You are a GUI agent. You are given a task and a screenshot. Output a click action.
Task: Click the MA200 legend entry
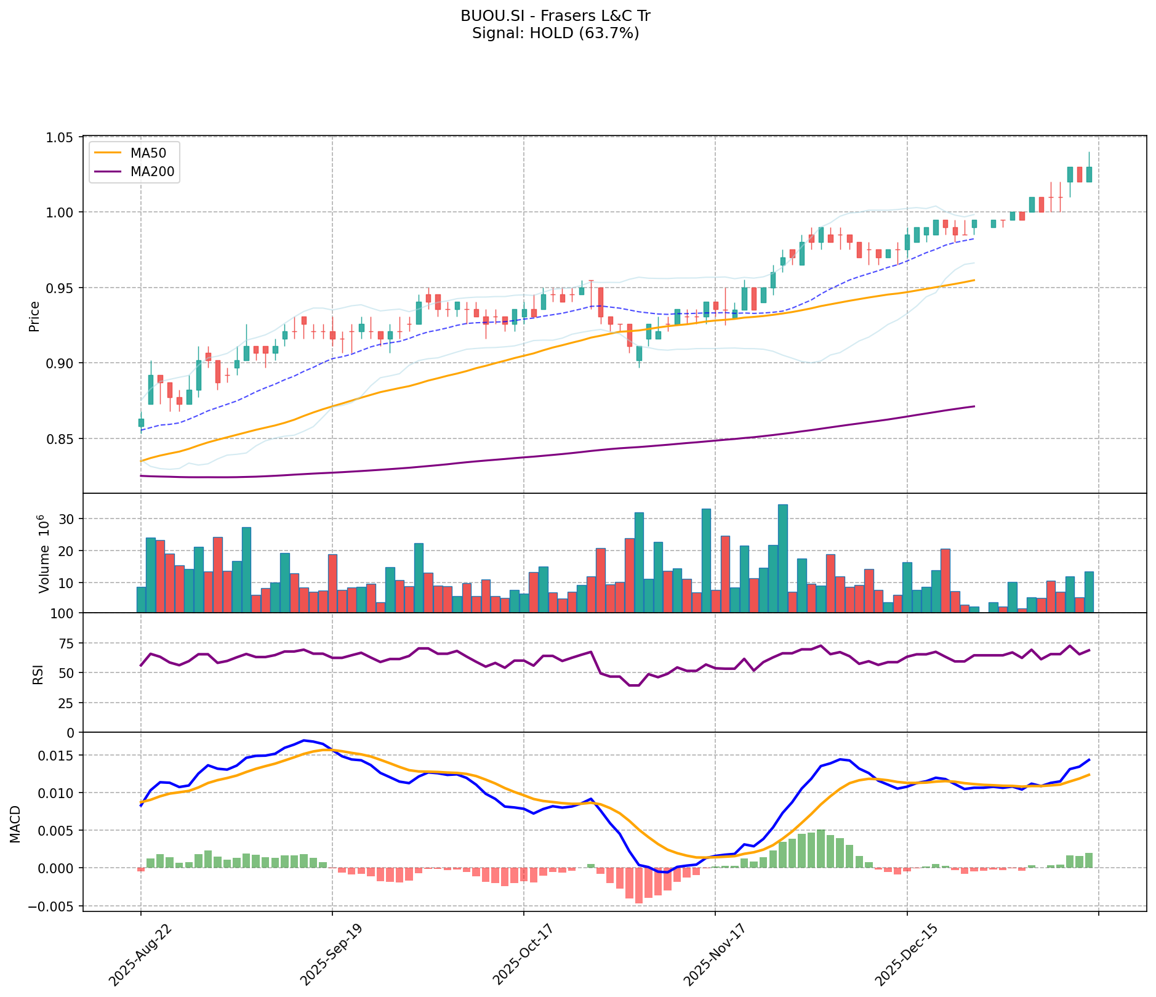point(152,172)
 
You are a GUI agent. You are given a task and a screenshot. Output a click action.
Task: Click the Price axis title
point(34,316)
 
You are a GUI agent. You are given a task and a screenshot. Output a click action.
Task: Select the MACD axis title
point(15,824)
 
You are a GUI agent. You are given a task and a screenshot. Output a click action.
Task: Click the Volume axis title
point(43,554)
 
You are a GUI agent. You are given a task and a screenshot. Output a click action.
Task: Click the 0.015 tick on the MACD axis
point(60,756)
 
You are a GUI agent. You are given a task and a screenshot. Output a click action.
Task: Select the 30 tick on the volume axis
point(67,519)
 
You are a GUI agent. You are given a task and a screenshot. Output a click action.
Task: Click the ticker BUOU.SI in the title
point(484,16)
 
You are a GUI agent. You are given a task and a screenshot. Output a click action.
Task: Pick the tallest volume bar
point(782,557)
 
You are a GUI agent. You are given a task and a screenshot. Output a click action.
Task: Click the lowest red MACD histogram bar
point(638,885)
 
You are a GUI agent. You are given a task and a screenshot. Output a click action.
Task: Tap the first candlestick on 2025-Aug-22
point(141,422)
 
